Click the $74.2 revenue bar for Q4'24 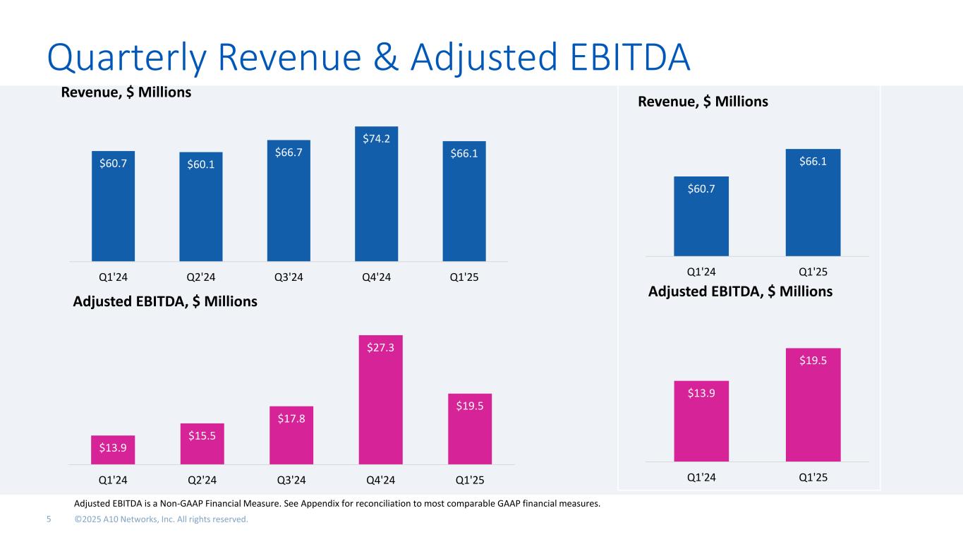pos(376,194)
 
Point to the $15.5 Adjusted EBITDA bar pos(202,444)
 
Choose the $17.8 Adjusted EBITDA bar pos(291,435)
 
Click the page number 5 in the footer pos(49,519)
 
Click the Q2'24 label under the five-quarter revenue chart pos(201,276)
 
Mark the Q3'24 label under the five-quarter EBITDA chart pos(291,481)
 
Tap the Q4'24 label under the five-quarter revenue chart pos(376,276)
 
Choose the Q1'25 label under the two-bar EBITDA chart pos(813,477)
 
